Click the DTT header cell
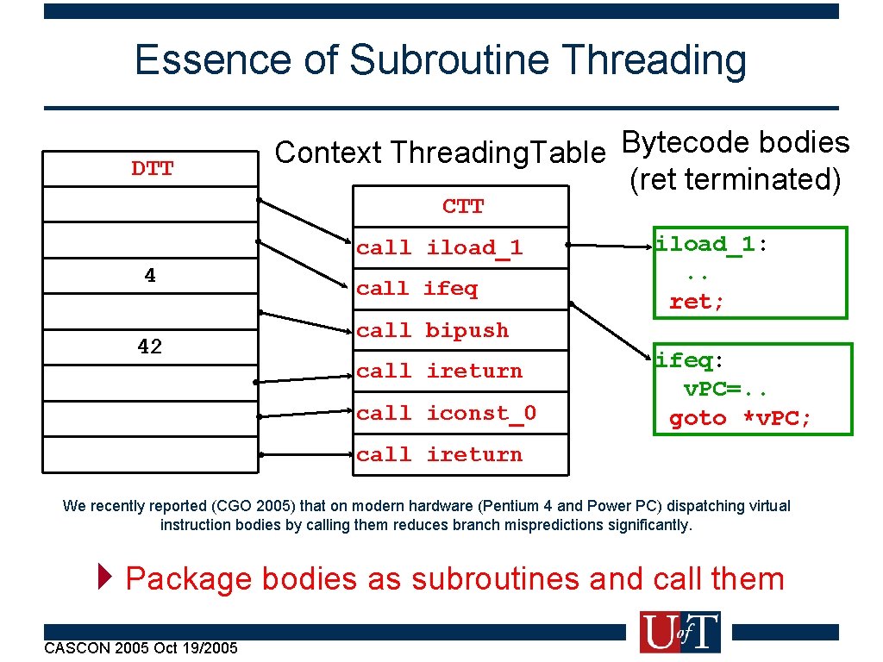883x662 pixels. tap(152, 168)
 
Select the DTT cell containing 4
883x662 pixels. tap(151, 276)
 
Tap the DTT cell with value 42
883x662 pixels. tap(151, 347)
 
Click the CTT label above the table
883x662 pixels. tap(463, 207)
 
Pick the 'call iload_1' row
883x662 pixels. tap(440, 247)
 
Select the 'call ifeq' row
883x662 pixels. tap(417, 289)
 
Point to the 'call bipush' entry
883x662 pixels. tap(433, 330)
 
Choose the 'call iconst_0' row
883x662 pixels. tap(446, 413)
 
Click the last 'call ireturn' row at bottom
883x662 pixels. tap(440, 454)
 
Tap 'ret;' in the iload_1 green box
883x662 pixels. tap(697, 302)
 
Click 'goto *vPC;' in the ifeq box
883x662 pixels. tap(740, 418)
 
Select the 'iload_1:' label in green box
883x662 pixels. tap(711, 244)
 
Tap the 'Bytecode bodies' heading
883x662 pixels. tap(736, 142)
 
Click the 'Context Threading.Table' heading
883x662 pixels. tap(440, 153)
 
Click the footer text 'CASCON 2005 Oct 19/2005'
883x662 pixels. tap(141, 647)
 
